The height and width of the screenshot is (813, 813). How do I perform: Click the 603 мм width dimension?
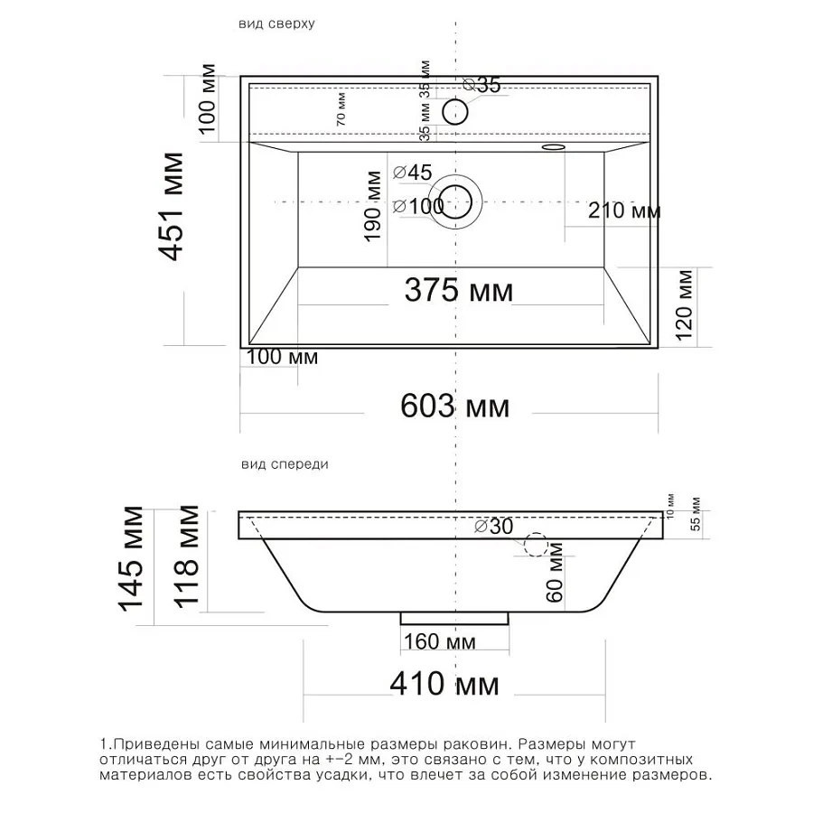pos(454,406)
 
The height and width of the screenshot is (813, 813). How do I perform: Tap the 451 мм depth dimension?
pos(170,206)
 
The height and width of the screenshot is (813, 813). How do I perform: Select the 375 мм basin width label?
pos(459,290)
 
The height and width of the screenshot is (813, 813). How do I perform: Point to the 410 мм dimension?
pos(444,684)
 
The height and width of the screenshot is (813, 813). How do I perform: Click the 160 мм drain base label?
pos(440,642)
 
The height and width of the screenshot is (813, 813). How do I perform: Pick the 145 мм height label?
pos(130,558)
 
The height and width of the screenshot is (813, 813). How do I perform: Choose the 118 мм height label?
pos(185,556)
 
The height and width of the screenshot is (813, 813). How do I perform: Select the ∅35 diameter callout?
pos(482,85)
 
